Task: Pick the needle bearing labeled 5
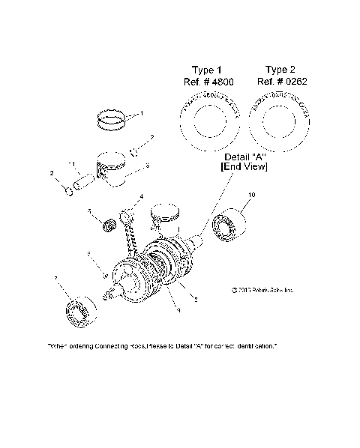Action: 106,223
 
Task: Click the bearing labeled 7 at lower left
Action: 78,311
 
